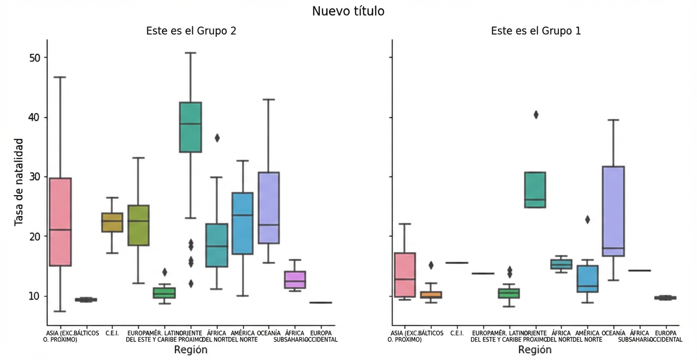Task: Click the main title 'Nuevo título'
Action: (348, 11)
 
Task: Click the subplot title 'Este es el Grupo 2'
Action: (191, 31)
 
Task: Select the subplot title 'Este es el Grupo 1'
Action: (536, 31)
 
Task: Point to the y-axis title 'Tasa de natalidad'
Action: (19, 182)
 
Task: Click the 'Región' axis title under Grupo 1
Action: (535, 350)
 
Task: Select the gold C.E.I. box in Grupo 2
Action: (112, 223)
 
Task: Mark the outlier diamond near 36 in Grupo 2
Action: (217, 138)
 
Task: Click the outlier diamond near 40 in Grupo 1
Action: (536, 115)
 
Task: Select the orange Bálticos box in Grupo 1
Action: (431, 295)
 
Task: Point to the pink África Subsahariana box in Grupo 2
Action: (295, 280)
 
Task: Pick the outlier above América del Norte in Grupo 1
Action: (587, 220)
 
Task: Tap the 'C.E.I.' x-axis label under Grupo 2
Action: (112, 333)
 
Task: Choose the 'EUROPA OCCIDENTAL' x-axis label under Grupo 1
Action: (666, 337)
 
